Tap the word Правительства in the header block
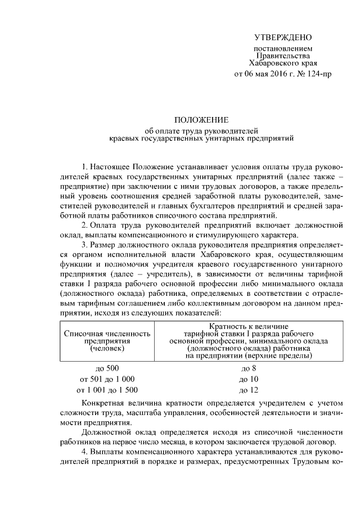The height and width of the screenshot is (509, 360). pyautogui.click(x=282, y=56)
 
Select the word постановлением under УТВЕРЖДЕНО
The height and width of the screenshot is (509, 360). pyautogui.click(x=282, y=49)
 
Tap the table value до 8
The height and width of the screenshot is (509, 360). pyautogui.click(x=249, y=368)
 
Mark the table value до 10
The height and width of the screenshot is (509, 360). pyautogui.click(x=249, y=379)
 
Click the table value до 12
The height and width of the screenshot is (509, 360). pyautogui.click(x=249, y=389)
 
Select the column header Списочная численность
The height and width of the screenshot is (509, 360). pyautogui.click(x=107, y=334)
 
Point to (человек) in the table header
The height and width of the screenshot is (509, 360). pyautogui.click(x=107, y=348)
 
